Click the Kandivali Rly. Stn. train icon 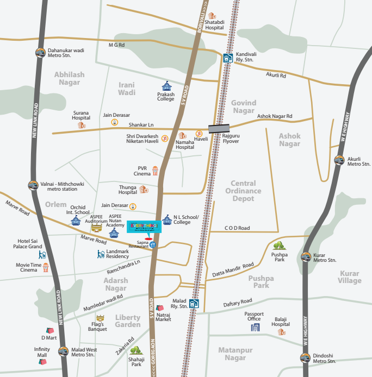point(227,58)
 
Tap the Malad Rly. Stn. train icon point(194,304)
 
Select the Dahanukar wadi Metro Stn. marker point(40,53)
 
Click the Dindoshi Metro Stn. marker point(305,358)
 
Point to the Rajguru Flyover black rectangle point(219,129)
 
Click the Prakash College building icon point(166,86)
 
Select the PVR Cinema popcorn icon point(155,171)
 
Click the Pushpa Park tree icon point(278,246)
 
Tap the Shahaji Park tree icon point(136,350)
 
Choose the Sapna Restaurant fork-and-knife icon point(153,244)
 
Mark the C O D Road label point(237,228)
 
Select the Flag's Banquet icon point(100,318)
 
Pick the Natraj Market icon point(160,309)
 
